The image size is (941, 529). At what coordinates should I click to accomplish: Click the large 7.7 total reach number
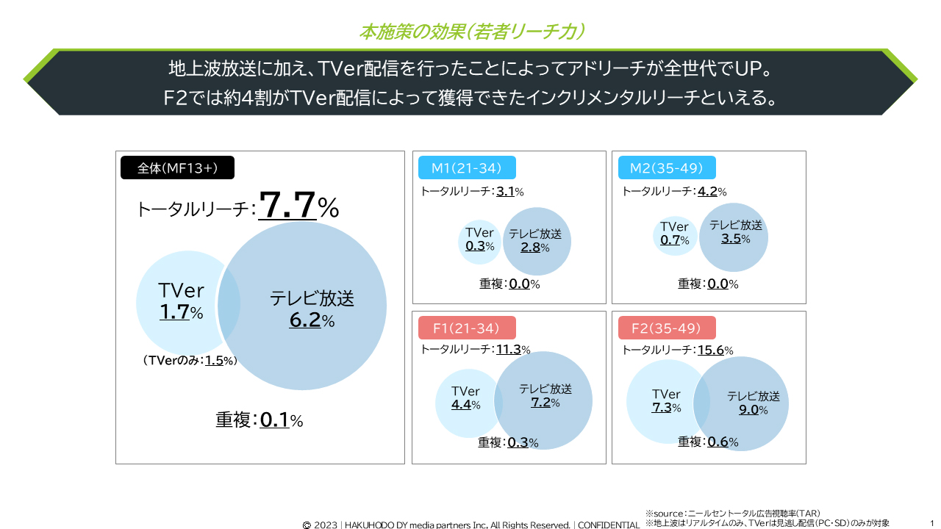point(288,206)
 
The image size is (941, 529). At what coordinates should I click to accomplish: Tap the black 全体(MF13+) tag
point(177,168)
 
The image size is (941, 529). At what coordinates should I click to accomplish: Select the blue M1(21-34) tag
point(466,168)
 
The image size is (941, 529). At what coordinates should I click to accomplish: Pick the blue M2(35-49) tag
point(667,168)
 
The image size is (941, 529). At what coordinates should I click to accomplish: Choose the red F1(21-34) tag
point(466,328)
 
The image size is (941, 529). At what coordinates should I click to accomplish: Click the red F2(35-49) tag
point(667,328)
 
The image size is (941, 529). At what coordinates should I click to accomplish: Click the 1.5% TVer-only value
point(214,361)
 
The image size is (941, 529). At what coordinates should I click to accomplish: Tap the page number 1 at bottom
point(931,523)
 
